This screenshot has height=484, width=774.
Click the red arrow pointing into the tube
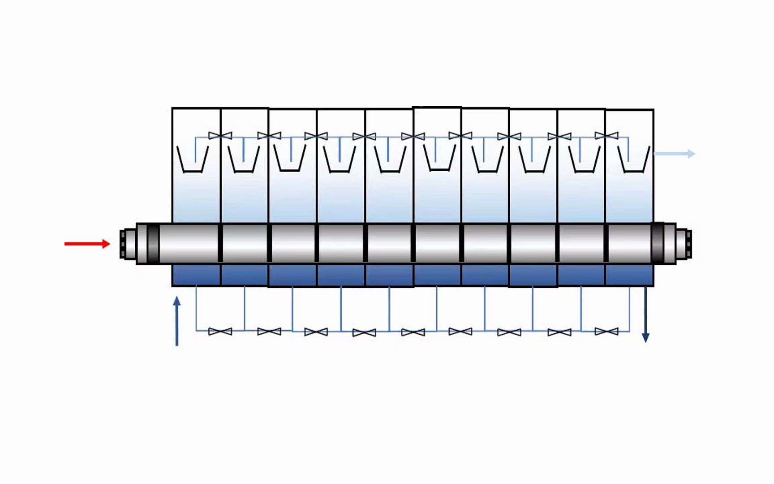coord(87,244)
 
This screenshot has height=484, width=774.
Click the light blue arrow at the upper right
coord(674,154)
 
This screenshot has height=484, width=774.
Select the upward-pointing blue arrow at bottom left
coord(177,320)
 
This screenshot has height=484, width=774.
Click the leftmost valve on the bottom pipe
coord(220,332)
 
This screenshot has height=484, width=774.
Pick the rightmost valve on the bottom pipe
coord(606,332)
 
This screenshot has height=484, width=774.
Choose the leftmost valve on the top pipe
coord(220,135)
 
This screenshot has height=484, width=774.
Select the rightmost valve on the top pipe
coord(606,135)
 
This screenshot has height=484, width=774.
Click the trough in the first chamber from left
coord(193,160)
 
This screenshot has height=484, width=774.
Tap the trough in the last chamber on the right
coord(633,160)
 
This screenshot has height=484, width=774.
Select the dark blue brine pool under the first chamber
coord(196,275)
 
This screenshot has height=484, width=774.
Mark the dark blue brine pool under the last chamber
coord(629,275)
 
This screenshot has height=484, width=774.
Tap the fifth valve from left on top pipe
coord(413,136)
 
